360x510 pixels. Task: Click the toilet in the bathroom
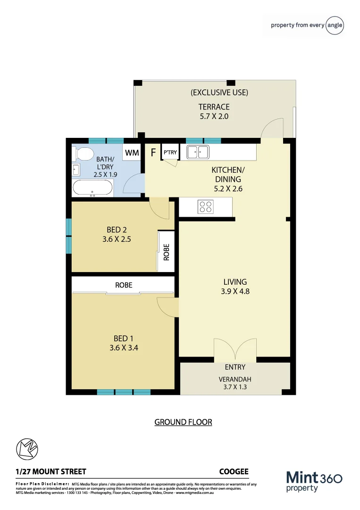point(83,153)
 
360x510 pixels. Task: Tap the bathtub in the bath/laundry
point(92,188)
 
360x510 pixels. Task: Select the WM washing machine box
point(132,153)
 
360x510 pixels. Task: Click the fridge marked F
point(153,153)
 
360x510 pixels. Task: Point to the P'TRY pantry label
point(170,153)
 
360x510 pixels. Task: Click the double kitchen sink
point(198,152)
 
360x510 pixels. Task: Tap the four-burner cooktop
point(206,206)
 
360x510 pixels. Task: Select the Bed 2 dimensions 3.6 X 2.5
point(117,239)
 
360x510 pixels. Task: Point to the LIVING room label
point(235,282)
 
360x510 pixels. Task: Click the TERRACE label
point(214,107)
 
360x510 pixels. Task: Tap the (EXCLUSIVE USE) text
point(219,93)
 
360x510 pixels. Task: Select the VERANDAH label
point(235,379)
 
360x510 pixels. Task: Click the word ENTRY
point(235,367)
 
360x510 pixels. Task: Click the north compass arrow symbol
point(26,449)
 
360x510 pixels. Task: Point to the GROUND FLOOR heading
point(183,422)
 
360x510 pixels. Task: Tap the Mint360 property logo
point(314,481)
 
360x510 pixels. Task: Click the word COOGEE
point(234,471)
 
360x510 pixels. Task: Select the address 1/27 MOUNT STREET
point(51,471)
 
